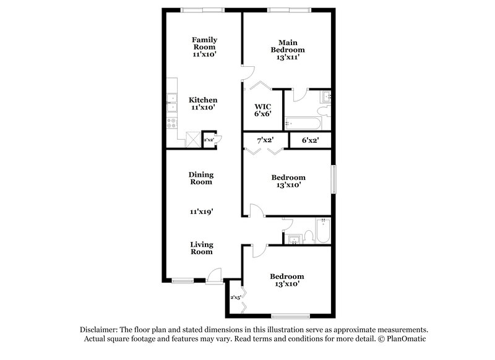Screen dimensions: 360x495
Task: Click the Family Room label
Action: [204, 43]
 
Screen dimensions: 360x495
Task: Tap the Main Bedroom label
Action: [288, 46]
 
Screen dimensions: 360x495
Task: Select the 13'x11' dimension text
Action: [288, 57]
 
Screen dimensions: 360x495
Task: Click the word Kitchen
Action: [203, 100]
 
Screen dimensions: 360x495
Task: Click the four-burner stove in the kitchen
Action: [171, 124]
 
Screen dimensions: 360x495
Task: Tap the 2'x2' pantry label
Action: [209, 139]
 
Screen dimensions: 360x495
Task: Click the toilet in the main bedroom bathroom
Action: [322, 112]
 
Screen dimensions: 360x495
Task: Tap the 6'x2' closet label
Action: [309, 140]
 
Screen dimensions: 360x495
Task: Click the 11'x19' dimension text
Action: [201, 212]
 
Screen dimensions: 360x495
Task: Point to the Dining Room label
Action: [200, 178]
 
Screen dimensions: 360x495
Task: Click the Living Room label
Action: [201, 247]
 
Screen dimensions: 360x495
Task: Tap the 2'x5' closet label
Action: [235, 298]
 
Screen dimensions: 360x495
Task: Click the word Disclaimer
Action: [99, 330]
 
